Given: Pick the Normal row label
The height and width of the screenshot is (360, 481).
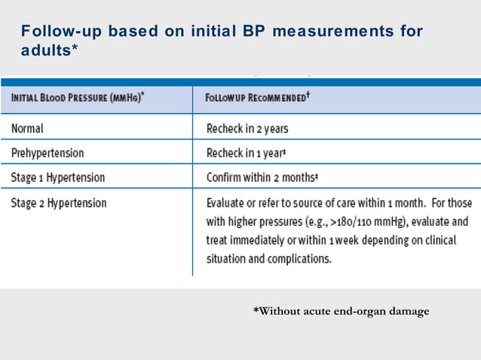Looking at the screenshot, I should coord(27,128).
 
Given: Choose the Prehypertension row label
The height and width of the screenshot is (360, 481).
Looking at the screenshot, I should coord(47,153).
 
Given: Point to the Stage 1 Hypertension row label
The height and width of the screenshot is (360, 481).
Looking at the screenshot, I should coord(58,178).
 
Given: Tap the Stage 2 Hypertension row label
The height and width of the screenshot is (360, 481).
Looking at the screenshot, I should coord(59,203).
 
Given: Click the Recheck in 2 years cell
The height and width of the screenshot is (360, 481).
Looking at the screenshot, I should coord(247,128).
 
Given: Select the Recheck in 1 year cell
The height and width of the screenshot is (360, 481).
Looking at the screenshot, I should coord(245,153).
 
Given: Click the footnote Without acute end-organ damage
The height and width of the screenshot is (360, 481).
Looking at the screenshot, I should coord(341,311).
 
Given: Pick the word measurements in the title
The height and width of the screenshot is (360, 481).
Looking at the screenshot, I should coord(332,32).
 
